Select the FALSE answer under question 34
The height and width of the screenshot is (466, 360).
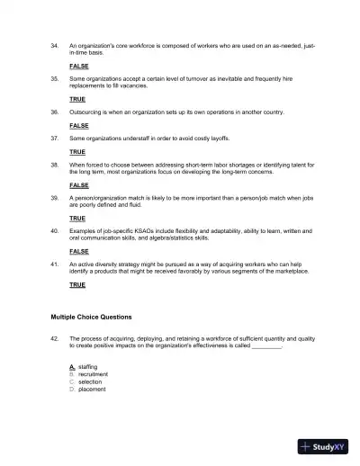pos(78,67)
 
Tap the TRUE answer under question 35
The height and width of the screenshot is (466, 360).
pos(77,98)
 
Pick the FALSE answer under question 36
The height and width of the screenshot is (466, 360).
pos(78,126)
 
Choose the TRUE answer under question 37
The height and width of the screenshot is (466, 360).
pos(77,153)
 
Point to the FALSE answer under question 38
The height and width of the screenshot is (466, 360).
pos(78,184)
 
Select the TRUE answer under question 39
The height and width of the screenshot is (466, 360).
pos(77,219)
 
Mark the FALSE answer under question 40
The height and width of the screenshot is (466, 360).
pos(78,251)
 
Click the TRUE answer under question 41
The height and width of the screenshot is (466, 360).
pos(77,284)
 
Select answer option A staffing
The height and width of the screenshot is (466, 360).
pos(84,367)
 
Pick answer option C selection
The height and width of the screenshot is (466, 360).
pos(85,381)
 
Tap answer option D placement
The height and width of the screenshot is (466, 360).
pos(87,389)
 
